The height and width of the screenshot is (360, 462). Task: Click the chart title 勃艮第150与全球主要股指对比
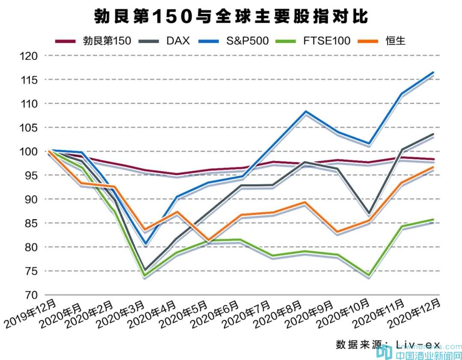231,17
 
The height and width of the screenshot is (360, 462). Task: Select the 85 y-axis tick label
31,223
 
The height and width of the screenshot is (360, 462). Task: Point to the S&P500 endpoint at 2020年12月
434,72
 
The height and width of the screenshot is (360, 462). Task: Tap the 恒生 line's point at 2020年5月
209,240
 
